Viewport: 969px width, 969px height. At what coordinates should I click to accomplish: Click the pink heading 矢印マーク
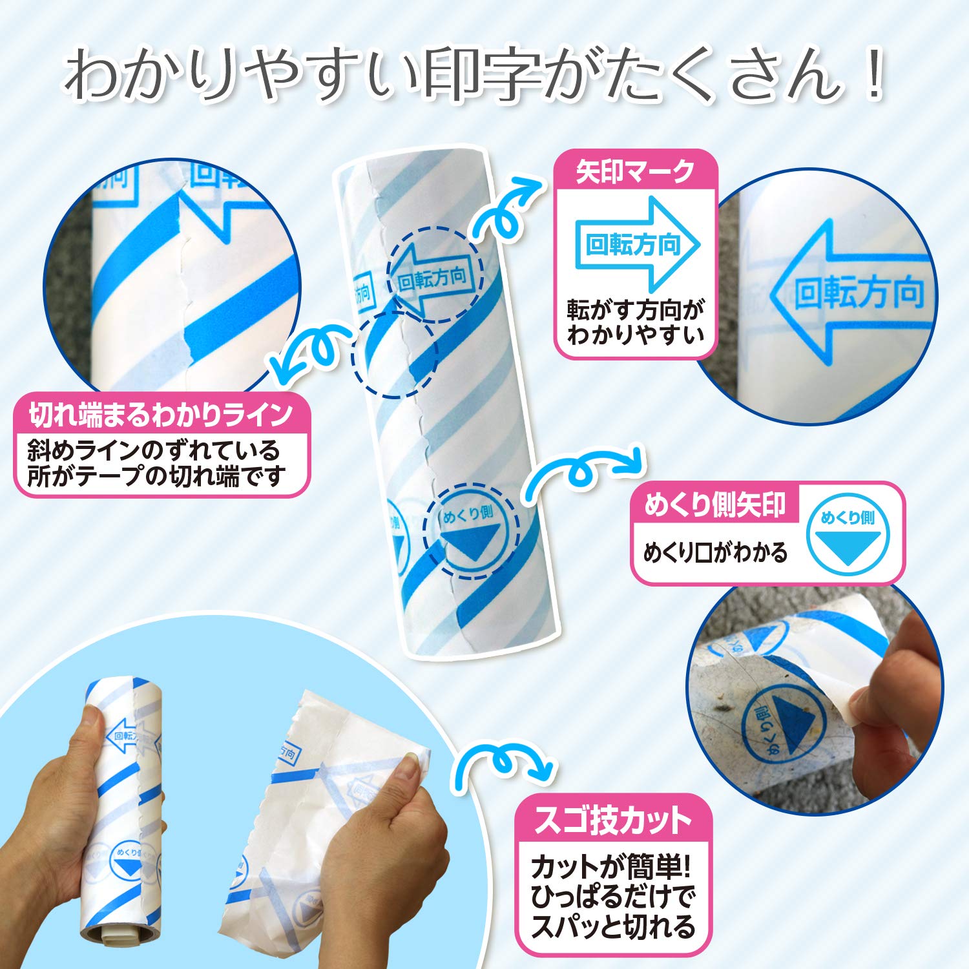click(635, 172)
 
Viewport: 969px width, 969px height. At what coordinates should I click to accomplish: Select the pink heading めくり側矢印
click(715, 505)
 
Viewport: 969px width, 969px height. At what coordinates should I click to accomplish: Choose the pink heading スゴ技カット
click(613, 820)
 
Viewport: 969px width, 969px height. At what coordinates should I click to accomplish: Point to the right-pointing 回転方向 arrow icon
click(636, 244)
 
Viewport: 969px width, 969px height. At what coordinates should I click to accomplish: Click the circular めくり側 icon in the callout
click(848, 534)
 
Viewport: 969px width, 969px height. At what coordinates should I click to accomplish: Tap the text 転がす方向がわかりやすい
click(635, 322)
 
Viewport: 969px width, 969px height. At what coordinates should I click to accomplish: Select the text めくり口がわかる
click(715, 553)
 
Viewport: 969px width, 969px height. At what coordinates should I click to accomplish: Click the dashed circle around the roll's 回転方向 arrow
click(435, 275)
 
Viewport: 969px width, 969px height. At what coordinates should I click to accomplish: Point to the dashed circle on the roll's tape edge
click(395, 354)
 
